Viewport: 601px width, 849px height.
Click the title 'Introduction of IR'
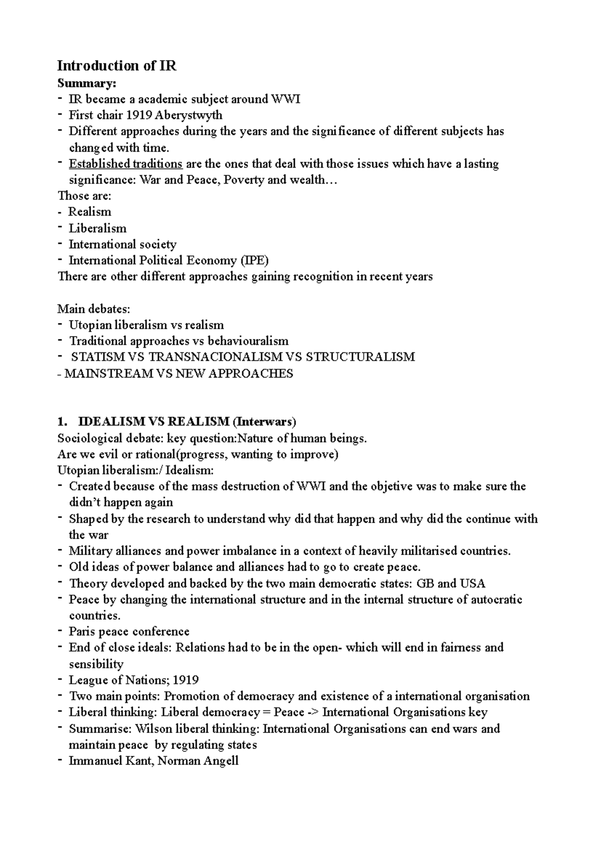point(117,66)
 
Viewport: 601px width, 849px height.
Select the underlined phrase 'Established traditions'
point(125,164)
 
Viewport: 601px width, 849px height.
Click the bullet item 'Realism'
point(90,212)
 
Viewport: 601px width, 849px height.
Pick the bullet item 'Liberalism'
point(97,228)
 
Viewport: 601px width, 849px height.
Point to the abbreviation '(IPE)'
point(254,260)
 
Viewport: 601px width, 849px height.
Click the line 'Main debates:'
point(94,309)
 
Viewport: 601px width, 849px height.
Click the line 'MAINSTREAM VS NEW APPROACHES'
point(179,373)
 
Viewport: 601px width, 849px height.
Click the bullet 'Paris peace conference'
point(129,631)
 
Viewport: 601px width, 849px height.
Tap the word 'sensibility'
point(96,664)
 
